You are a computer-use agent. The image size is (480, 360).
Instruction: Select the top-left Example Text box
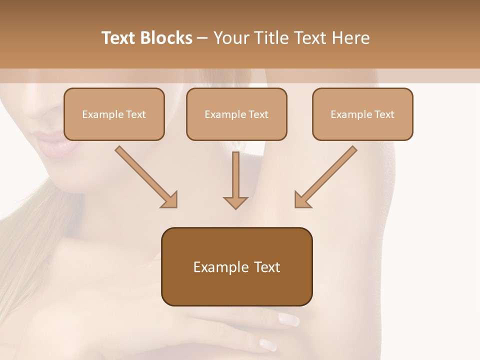(x=114, y=114)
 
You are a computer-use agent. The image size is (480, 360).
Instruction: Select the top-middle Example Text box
(x=236, y=114)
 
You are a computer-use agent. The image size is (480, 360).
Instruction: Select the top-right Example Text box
(x=362, y=114)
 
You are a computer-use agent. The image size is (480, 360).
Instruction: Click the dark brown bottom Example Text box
(x=236, y=267)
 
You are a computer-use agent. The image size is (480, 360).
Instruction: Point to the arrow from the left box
(x=145, y=175)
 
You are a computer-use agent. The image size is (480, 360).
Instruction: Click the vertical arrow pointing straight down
(x=235, y=177)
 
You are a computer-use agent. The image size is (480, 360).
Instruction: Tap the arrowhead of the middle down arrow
(x=235, y=202)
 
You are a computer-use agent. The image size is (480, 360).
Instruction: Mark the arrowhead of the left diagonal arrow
(x=170, y=200)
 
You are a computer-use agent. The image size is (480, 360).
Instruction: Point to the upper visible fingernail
(x=289, y=318)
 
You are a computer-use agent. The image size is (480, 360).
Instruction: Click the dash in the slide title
(x=202, y=38)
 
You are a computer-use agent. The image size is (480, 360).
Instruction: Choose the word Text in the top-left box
(x=135, y=114)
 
